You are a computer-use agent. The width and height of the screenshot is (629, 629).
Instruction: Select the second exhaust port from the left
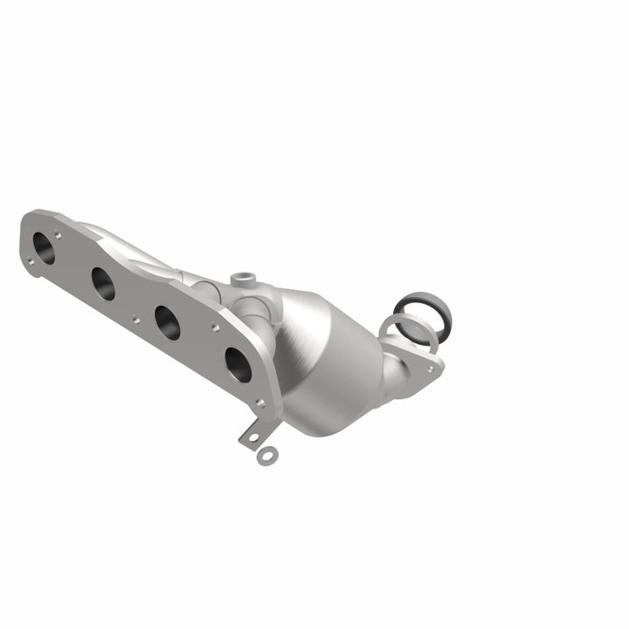click(102, 284)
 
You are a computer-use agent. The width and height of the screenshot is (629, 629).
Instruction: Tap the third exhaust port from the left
click(167, 322)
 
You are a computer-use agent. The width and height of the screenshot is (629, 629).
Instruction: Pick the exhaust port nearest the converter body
click(237, 364)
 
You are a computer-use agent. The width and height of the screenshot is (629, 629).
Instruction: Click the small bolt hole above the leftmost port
click(57, 233)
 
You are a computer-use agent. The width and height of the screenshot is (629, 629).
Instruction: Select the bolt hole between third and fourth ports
click(215, 328)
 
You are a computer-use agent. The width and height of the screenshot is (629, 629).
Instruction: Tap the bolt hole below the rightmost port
click(259, 403)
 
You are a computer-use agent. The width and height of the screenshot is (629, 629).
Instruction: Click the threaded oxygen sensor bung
click(244, 280)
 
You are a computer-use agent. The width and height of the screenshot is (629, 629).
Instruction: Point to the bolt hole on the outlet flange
click(430, 368)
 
